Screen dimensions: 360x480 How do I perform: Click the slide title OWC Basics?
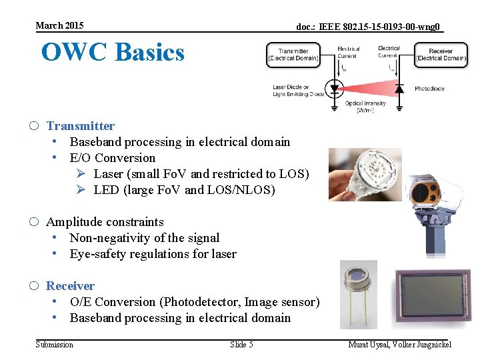(x=113, y=52)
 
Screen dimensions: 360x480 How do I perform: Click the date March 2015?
(x=60, y=26)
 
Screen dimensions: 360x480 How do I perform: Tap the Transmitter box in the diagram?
(x=293, y=54)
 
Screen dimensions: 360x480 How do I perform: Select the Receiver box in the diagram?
(x=441, y=54)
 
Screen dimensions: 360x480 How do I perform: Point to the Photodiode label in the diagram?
(x=429, y=88)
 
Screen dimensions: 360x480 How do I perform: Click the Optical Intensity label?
(x=366, y=106)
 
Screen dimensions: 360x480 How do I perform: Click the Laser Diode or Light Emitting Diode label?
(x=298, y=91)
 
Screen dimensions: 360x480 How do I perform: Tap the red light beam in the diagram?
(x=367, y=88)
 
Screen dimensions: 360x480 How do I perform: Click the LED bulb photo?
(x=366, y=173)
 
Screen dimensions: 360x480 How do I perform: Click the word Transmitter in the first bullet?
(x=80, y=126)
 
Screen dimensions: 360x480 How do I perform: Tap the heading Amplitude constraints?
(x=105, y=222)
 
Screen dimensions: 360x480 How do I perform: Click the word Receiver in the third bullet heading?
(x=70, y=286)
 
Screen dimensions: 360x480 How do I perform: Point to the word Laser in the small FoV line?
(x=109, y=174)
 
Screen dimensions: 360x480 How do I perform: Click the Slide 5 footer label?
(x=241, y=345)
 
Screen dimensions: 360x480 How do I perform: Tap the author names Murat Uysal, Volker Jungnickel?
(x=400, y=345)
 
